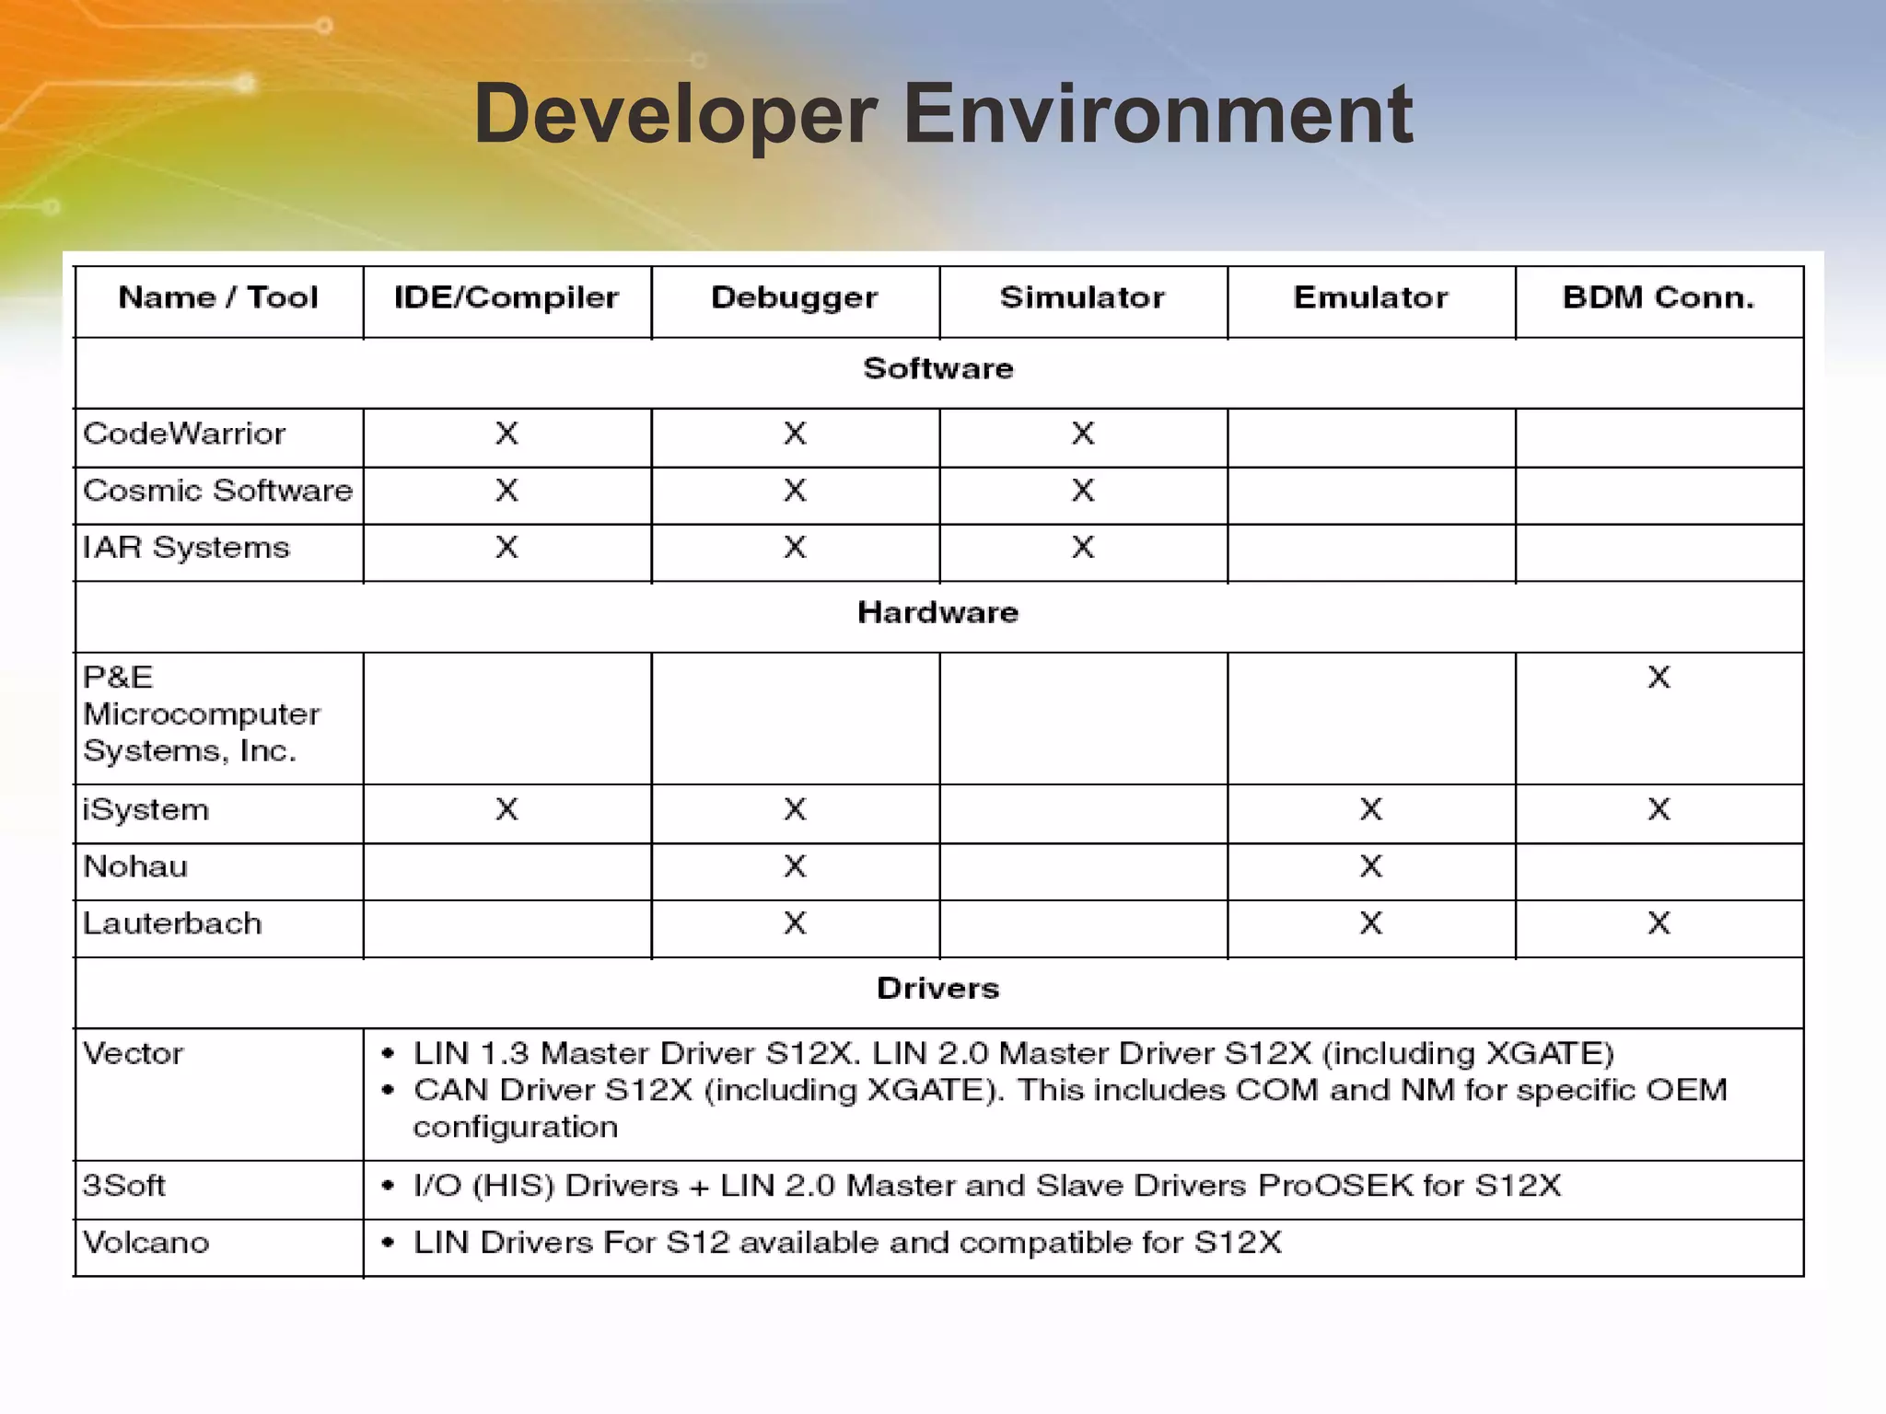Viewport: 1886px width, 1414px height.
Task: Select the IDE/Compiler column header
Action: [506, 297]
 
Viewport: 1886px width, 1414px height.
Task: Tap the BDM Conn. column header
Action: [1659, 297]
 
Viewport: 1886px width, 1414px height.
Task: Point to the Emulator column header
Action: [1370, 297]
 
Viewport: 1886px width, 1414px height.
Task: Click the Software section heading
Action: [937, 368]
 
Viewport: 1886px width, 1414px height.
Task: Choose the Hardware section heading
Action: [937, 612]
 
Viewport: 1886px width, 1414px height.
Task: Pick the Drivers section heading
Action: [937, 988]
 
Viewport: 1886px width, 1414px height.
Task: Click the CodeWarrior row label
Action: [184, 434]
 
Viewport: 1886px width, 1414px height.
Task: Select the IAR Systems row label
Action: [186, 548]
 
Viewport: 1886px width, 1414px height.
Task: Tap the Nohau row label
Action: [135, 866]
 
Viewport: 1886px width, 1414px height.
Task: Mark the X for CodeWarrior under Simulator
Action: [1083, 434]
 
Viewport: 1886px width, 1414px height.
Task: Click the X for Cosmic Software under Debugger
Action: [795, 491]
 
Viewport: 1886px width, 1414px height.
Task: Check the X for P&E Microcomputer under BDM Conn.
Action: [1659, 678]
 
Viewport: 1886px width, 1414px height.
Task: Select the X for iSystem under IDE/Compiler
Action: [506, 809]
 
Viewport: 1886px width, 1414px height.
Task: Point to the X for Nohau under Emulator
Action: [1370, 866]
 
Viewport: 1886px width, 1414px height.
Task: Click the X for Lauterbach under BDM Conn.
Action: [1659, 923]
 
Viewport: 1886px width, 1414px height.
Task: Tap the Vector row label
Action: [134, 1053]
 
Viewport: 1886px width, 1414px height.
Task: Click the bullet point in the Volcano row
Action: [389, 1243]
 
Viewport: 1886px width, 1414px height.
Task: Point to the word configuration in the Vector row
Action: [515, 1127]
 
